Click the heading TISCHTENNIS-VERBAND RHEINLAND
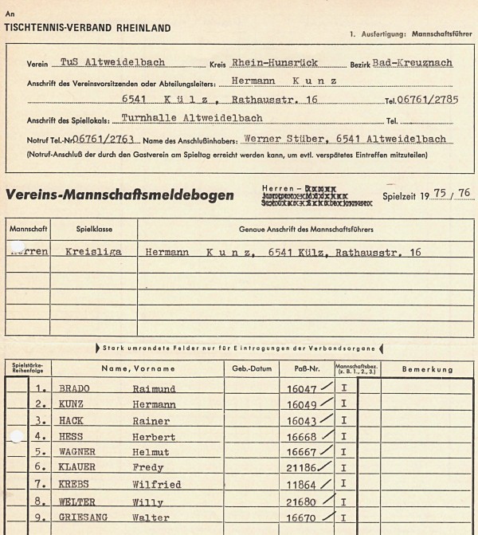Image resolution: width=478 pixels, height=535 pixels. click(x=88, y=28)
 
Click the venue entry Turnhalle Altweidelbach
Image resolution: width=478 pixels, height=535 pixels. click(x=192, y=119)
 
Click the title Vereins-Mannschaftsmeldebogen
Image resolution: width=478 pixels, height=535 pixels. click(x=120, y=195)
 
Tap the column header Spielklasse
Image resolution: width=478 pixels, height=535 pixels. click(x=93, y=228)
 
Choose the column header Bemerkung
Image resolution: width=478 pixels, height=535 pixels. click(x=427, y=369)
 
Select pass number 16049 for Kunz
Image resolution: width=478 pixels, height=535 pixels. click(x=301, y=405)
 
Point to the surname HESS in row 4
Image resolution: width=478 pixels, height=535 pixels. click(x=72, y=437)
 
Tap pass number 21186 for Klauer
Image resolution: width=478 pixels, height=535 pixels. click(x=301, y=469)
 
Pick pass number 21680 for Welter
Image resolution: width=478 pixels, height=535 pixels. click(x=301, y=502)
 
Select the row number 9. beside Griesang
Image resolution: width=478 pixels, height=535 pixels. click(x=41, y=517)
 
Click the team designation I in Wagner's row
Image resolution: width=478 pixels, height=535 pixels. click(x=343, y=453)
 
